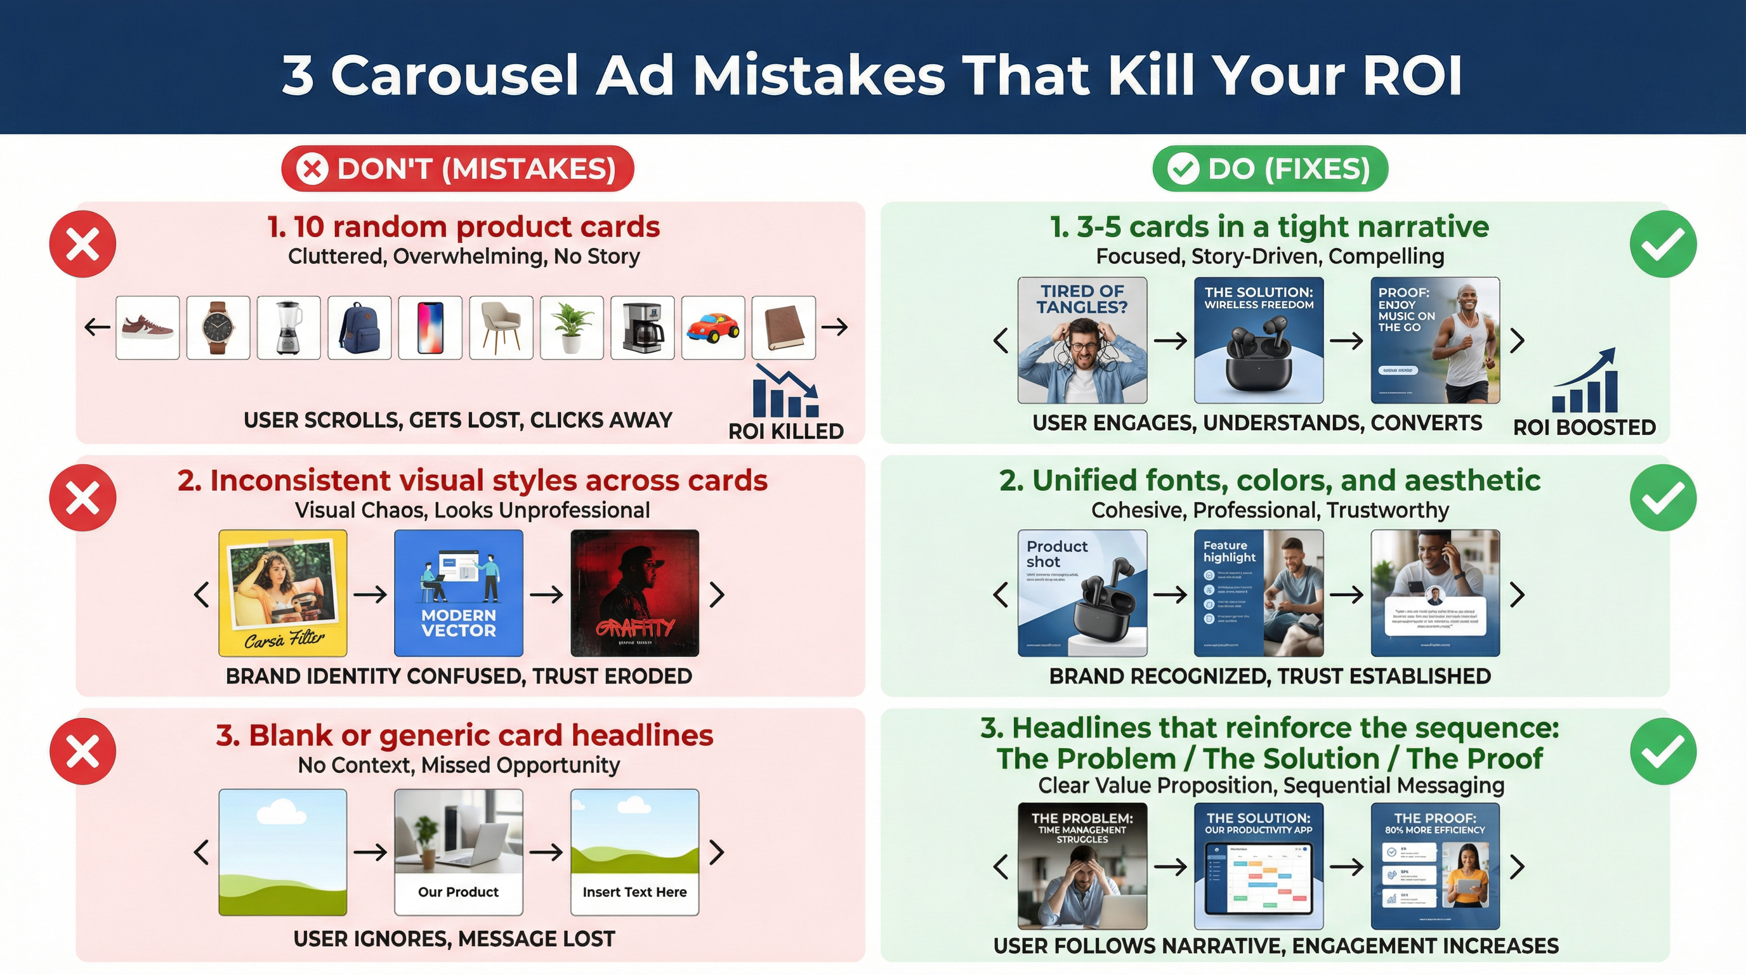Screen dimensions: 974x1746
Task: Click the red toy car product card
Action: pyautogui.click(x=712, y=327)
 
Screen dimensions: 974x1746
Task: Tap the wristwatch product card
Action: pyautogui.click(x=218, y=327)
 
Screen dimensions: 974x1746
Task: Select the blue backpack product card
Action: pyautogui.click(x=359, y=327)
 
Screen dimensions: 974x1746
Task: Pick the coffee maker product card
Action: pyautogui.click(x=642, y=327)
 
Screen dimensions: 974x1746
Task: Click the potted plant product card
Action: pyautogui.click(x=572, y=327)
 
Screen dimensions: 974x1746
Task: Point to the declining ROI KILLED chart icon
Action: pyautogui.click(x=785, y=391)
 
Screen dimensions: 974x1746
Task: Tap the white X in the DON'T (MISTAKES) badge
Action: pyautogui.click(x=312, y=169)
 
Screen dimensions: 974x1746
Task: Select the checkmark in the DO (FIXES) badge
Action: pyautogui.click(x=1183, y=169)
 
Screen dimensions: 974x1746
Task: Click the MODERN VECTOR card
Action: pyautogui.click(x=458, y=593)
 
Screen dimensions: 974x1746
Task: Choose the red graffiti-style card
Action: pyautogui.click(x=634, y=593)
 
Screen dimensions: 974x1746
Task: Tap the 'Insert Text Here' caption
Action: pyautogui.click(x=634, y=892)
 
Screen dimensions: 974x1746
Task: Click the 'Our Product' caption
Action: pyautogui.click(x=458, y=892)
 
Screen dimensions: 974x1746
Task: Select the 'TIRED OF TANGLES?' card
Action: pyautogui.click(x=1082, y=340)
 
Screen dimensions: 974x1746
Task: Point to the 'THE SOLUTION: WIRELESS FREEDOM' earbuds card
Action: pyautogui.click(x=1258, y=340)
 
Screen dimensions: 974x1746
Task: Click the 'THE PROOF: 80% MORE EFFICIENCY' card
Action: pyautogui.click(x=1435, y=866)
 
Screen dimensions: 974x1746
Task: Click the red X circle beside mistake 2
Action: pyautogui.click(x=82, y=498)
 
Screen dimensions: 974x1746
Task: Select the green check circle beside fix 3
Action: pyautogui.click(x=1663, y=751)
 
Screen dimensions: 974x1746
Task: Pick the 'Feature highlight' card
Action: pyautogui.click(x=1258, y=593)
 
